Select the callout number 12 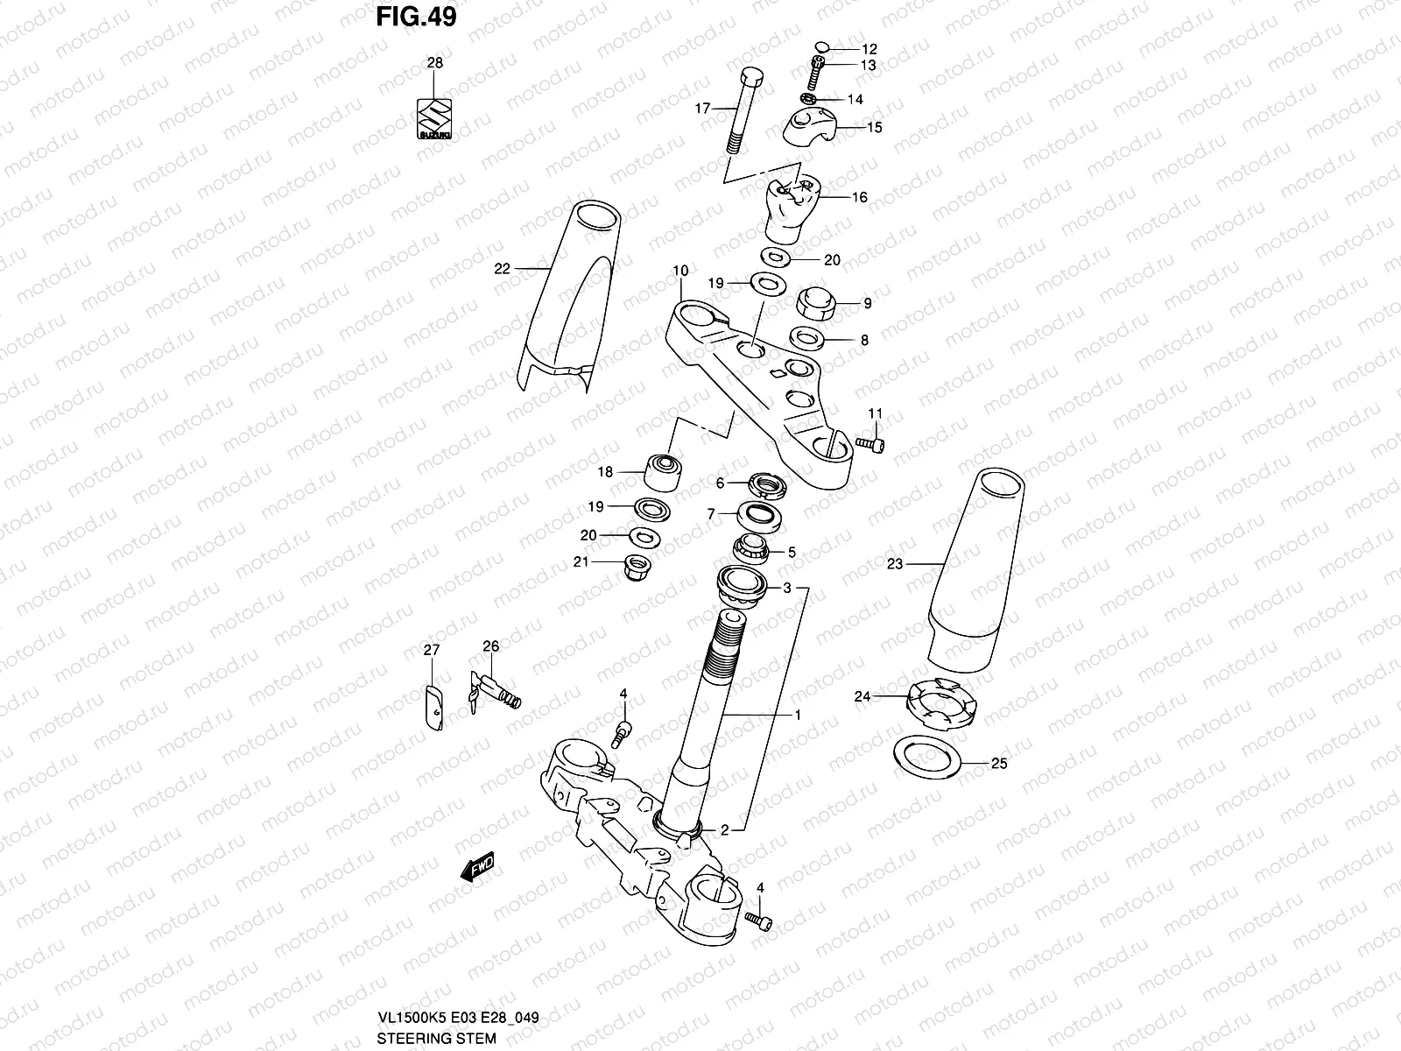(x=869, y=50)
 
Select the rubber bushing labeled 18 (x=664, y=474)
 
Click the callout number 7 (x=711, y=513)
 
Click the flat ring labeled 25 (x=926, y=757)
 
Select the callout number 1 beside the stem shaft (x=798, y=715)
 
